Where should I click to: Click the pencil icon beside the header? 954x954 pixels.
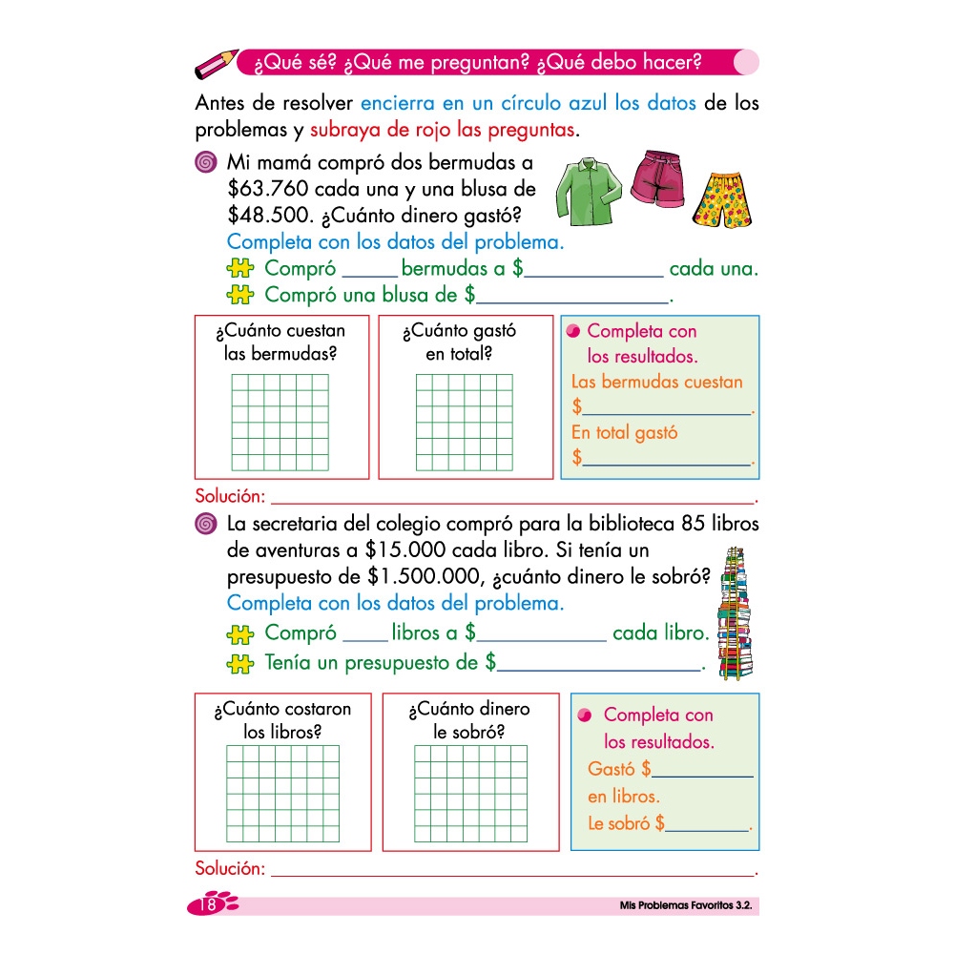pos(217,64)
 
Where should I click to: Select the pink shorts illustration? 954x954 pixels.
pos(657,178)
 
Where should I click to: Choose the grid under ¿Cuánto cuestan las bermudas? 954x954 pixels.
pos(281,422)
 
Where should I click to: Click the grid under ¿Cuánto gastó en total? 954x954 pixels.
pos(466,422)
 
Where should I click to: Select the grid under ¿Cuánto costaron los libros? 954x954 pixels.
pos(282,794)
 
